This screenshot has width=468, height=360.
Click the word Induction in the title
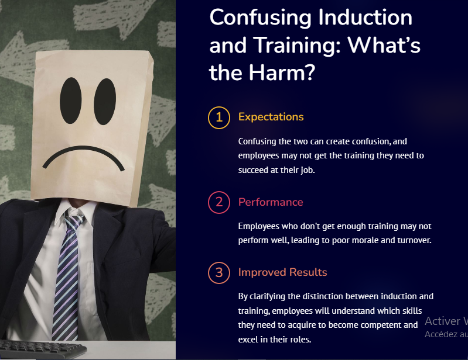(x=365, y=18)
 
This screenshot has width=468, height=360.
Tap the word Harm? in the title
(x=282, y=72)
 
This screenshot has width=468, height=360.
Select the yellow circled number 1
(x=219, y=117)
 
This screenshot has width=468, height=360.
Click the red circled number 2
(x=219, y=202)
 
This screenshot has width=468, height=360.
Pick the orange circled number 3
(x=219, y=272)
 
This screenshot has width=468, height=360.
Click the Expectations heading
(x=271, y=117)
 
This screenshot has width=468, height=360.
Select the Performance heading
(x=271, y=202)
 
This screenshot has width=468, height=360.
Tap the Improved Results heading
(x=282, y=272)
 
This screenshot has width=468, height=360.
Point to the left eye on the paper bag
(x=71, y=101)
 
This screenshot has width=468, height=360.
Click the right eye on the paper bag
(x=105, y=102)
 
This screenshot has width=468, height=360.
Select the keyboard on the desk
(x=42, y=349)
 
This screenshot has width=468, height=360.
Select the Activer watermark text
(x=443, y=321)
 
